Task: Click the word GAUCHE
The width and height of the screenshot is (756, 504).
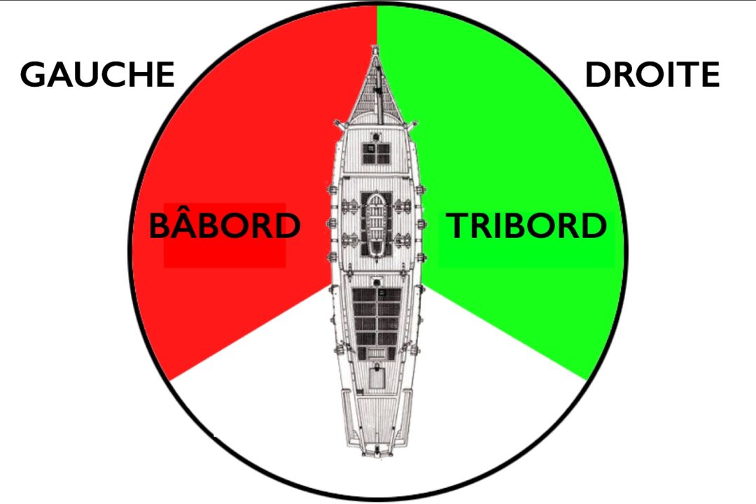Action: (x=97, y=75)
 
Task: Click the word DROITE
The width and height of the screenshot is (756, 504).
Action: (x=652, y=75)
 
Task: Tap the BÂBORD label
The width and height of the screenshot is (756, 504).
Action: (x=225, y=226)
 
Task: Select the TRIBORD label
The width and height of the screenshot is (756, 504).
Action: (x=526, y=226)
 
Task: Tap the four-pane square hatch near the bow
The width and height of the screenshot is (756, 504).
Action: (x=377, y=153)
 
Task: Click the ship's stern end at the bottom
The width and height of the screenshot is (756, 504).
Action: (x=377, y=451)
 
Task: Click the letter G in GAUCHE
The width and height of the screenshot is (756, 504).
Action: (x=34, y=75)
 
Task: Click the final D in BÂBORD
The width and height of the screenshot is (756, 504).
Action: (x=286, y=226)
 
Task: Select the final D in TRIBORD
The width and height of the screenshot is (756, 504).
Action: (x=593, y=226)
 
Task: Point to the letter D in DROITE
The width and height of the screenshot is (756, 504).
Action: (x=599, y=75)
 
